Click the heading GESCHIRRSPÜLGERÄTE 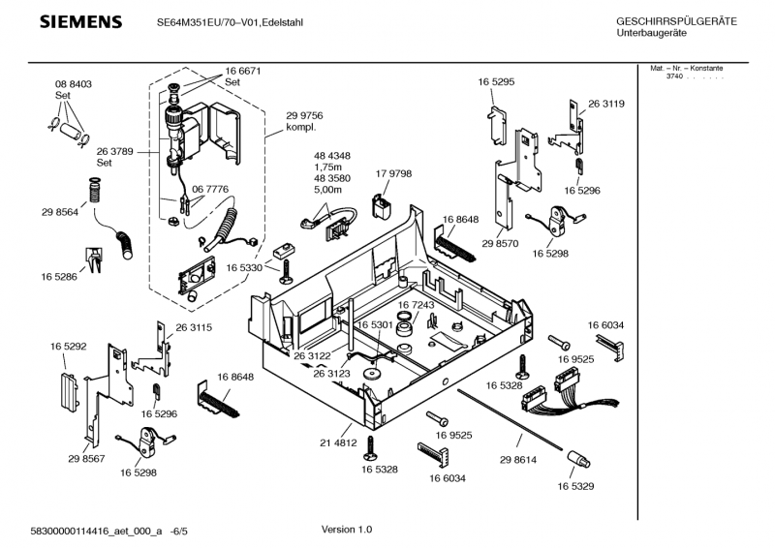[675, 21]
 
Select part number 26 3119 [605, 104]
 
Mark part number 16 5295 [495, 83]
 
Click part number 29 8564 [59, 211]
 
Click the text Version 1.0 [346, 530]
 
